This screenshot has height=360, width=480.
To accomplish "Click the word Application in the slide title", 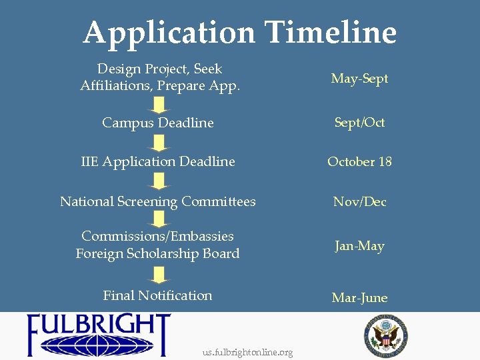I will (169, 32).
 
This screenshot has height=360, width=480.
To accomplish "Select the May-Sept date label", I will (359, 79).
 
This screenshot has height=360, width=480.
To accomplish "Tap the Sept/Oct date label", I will (359, 123).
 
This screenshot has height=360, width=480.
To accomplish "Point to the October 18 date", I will (359, 161).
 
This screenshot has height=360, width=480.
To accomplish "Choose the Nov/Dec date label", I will (359, 201).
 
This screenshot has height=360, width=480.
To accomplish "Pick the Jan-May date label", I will (359, 246).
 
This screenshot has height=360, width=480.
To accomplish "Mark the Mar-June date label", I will (359, 297).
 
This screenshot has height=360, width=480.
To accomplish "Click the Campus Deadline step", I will (158, 123).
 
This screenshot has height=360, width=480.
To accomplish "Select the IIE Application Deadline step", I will (158, 161).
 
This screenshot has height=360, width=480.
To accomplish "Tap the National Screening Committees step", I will (158, 201).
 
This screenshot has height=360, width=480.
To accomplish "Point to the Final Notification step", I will (158, 295).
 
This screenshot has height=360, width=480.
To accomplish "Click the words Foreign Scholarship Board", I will (158, 253).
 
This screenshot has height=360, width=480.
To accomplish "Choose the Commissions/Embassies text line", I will (158, 236).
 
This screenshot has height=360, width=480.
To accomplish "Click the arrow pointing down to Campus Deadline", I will (159, 105).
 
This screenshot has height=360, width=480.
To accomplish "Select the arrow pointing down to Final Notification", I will (159, 275).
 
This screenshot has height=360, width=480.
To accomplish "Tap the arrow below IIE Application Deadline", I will (159, 181).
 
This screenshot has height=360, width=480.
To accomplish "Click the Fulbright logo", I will (99, 335).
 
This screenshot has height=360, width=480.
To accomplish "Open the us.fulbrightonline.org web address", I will (247, 353).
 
